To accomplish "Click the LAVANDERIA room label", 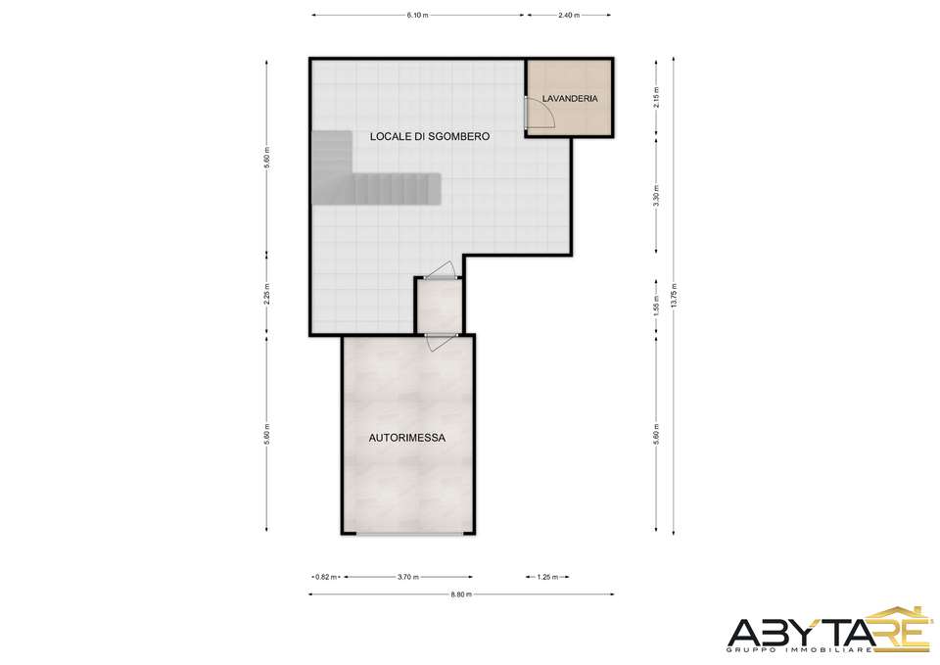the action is pos(570,98).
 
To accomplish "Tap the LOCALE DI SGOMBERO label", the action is pos(429,136).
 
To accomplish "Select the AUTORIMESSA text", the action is pos(406,438).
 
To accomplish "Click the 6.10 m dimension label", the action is pos(417,16).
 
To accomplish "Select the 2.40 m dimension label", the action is pos(568,16).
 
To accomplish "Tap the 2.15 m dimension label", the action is pos(657,97).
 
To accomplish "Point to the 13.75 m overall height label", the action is pos(675,296).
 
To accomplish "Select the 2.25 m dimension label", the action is pos(267,294).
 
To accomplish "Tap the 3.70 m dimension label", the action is pos(407,578).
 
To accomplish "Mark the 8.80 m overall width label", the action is pos(461,594).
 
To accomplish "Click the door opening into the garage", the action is pos(439,341).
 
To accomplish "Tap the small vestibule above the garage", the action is pos(439,306).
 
